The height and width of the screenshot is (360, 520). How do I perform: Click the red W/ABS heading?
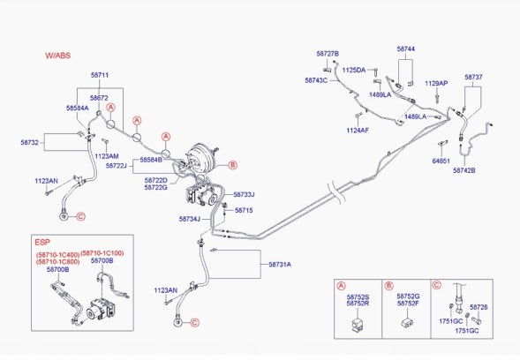pos(58,56)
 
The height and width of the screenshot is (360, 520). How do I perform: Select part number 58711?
pos(100,75)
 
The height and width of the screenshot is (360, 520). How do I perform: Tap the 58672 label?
pos(99,98)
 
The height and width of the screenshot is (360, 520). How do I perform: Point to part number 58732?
pos(29,143)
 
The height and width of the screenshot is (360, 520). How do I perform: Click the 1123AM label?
pos(107,156)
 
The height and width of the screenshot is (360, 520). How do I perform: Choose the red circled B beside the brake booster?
pos(233,165)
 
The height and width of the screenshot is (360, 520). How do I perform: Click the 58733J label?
pos(244,195)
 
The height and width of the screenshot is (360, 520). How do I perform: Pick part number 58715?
pos(244,210)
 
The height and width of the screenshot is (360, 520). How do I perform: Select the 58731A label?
pos(280,264)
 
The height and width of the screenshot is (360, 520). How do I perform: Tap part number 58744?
pos(405,49)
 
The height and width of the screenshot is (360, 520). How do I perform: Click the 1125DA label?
pos(353,70)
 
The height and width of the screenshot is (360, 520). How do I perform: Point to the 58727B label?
pos(328,54)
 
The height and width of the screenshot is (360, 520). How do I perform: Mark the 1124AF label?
pos(358,131)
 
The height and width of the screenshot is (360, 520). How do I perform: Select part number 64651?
pos(441,161)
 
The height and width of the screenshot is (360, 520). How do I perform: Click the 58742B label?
pos(464,170)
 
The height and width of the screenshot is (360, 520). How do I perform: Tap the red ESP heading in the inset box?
pos(42,243)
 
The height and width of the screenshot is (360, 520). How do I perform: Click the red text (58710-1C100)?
pos(102,253)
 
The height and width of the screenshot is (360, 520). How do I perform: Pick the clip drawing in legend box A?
pos(358,324)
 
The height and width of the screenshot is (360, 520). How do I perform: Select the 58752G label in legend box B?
pos(408,296)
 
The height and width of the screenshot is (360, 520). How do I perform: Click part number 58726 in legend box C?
pos(479,307)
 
